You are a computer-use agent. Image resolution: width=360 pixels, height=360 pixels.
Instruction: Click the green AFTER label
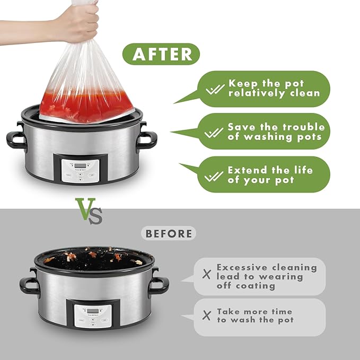click(x=161, y=54)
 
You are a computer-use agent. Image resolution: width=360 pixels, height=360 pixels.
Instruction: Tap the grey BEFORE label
click(x=169, y=233)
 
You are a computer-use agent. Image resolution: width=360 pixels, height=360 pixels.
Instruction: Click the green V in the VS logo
click(x=85, y=208)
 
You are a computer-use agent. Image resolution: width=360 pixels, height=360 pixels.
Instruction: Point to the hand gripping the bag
click(x=76, y=23)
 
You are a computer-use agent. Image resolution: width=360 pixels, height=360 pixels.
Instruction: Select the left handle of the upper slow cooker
click(x=15, y=139)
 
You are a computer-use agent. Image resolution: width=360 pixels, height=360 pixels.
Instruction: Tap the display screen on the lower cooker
click(x=93, y=311)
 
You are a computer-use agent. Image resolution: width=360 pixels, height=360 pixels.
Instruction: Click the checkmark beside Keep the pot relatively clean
click(x=215, y=89)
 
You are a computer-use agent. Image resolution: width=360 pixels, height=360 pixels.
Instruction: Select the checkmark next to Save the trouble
click(x=214, y=133)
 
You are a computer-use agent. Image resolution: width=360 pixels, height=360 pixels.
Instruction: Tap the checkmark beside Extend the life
click(x=214, y=177)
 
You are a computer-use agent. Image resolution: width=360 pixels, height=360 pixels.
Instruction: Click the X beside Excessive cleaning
click(x=207, y=274)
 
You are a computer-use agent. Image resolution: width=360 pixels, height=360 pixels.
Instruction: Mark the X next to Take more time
click(x=207, y=315)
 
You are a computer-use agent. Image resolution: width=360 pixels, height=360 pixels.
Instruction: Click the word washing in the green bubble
click(x=268, y=137)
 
